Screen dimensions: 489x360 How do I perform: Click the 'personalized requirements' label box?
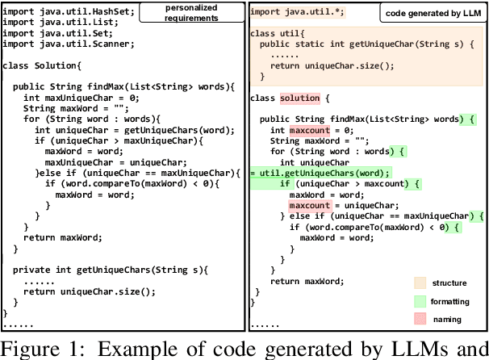click(x=191, y=12)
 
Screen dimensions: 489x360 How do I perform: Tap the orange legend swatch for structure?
click(x=420, y=283)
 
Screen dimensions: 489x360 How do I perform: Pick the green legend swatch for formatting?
click(x=420, y=301)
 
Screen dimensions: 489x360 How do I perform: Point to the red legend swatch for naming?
click(x=420, y=319)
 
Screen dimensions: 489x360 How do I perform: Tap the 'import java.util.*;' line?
click(x=295, y=14)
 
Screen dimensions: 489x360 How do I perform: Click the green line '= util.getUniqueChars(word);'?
click(x=320, y=173)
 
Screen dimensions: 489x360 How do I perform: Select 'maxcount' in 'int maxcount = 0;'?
click(x=310, y=130)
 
